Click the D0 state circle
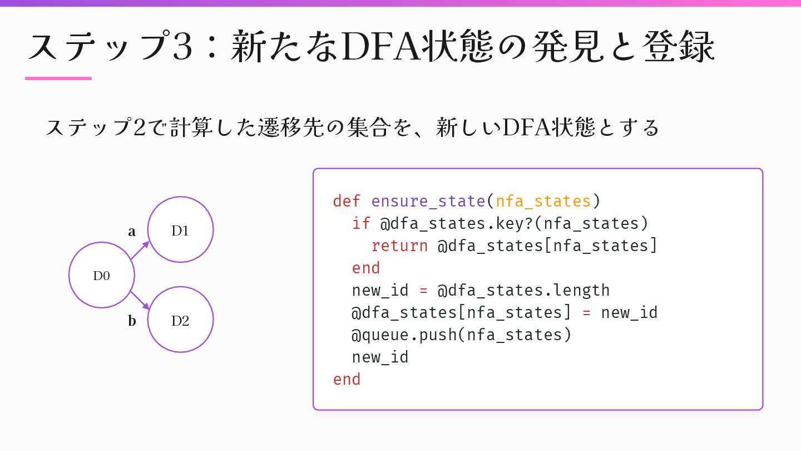[102, 275]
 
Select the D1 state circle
[180, 230]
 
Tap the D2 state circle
[180, 320]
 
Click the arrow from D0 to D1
[140, 251]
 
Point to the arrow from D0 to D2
[140, 300]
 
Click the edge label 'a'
[132, 232]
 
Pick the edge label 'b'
[132, 321]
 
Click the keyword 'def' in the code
[347, 201]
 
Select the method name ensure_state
[428, 201]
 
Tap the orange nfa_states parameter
[543, 201]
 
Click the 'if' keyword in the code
[361, 223]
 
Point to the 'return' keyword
[399, 246]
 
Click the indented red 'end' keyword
[365, 268]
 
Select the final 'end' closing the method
[347, 379]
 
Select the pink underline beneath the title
[58, 79]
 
